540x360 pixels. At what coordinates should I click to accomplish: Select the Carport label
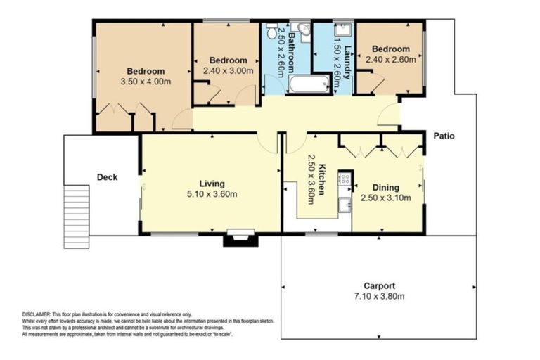click(x=379, y=285)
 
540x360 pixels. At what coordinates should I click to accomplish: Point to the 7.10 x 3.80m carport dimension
click(x=379, y=297)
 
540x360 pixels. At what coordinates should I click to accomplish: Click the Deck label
click(x=106, y=177)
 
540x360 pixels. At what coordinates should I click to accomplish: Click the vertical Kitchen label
click(x=322, y=179)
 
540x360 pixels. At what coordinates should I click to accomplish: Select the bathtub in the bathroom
click(x=309, y=84)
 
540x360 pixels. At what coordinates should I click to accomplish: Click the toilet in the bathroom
click(x=302, y=30)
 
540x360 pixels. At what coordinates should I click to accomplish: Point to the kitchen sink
click(x=345, y=205)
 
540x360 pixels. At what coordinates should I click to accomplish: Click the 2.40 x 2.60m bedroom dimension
click(x=390, y=60)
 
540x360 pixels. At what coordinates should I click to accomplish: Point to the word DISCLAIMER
click(x=35, y=314)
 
